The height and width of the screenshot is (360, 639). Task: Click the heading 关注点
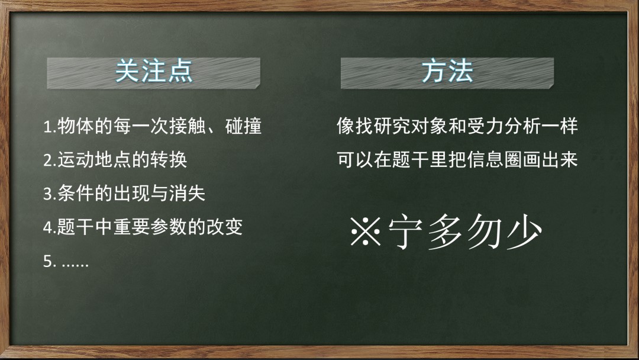[x=154, y=71]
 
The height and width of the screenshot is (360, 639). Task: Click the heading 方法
[x=447, y=71]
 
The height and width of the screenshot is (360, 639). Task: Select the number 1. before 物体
[x=50, y=127]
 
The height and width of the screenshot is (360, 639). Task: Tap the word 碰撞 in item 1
[x=243, y=126]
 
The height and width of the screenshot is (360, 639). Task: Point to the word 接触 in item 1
[x=188, y=126]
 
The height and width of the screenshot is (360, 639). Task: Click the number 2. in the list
[x=50, y=160]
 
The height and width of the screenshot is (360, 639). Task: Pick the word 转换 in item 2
[x=169, y=159]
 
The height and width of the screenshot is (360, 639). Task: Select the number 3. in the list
[x=50, y=194]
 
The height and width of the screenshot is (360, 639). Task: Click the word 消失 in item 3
[x=188, y=193]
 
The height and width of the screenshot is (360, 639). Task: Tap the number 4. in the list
[x=50, y=227]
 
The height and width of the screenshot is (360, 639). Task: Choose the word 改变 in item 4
[x=225, y=227]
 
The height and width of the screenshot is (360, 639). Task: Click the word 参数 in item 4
[x=169, y=227]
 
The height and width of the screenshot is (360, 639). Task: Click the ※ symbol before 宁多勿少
[x=366, y=231]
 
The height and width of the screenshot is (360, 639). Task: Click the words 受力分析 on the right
[x=504, y=126]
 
